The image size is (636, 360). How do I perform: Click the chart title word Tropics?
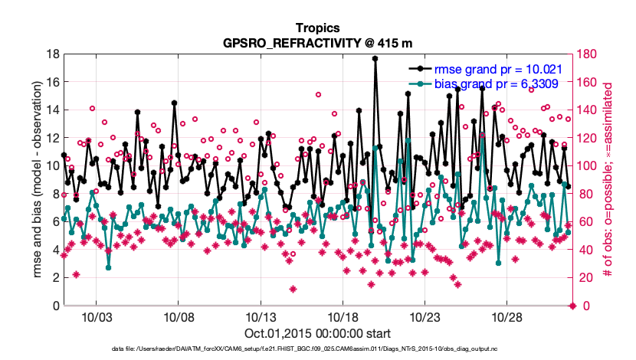317,28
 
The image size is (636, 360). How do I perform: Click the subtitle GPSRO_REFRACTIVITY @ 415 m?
317,43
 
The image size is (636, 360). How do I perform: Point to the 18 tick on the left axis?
54,54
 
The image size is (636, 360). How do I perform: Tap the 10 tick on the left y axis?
54,166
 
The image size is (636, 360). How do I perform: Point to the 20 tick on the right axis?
585,278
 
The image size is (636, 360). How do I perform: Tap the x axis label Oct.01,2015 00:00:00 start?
317,333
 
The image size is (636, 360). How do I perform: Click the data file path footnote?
317,349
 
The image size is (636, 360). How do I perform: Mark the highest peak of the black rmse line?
375,58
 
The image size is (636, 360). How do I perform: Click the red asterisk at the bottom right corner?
572,306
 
